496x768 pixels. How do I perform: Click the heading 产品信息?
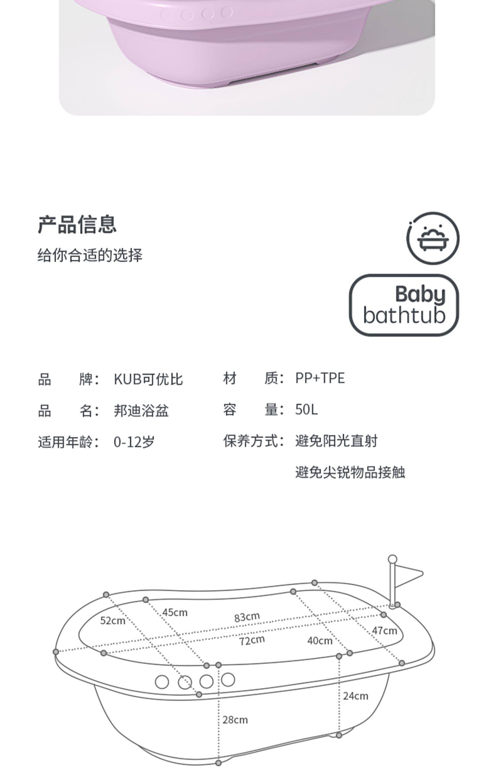click(x=77, y=225)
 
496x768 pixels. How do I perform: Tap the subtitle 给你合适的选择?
click(x=90, y=255)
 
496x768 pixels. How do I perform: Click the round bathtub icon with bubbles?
click(x=433, y=238)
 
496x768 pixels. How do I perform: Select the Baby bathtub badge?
click(x=404, y=305)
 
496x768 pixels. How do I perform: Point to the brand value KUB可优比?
click(x=148, y=379)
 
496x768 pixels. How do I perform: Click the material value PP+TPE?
click(x=320, y=378)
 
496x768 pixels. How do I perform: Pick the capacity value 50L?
click(x=306, y=410)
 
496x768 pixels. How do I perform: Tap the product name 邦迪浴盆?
click(x=141, y=411)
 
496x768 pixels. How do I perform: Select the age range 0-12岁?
click(x=134, y=442)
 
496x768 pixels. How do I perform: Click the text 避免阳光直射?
click(x=336, y=441)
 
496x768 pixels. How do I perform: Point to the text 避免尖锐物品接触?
click(x=350, y=472)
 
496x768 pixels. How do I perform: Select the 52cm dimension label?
click(x=112, y=621)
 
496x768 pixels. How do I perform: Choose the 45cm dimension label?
click(x=175, y=613)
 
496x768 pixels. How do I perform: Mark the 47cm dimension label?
click(x=384, y=631)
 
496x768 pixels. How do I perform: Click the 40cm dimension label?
click(x=320, y=641)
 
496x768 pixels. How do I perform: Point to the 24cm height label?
click(x=355, y=696)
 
